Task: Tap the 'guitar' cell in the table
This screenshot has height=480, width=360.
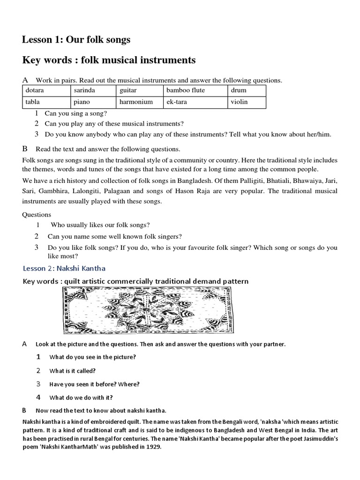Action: click(139, 90)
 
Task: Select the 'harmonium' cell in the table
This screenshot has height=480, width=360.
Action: click(139, 102)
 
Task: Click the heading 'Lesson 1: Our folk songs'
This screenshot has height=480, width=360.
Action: click(76, 40)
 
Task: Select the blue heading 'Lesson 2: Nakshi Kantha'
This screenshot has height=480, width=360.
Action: click(64, 269)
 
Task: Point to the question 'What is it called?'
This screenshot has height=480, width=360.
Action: click(73, 370)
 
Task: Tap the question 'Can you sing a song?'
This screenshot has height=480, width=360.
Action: click(75, 113)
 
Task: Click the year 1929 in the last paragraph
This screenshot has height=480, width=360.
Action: click(153, 447)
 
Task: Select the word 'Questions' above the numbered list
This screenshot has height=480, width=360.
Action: click(37, 215)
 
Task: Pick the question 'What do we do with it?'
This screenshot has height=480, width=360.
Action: click(81, 397)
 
